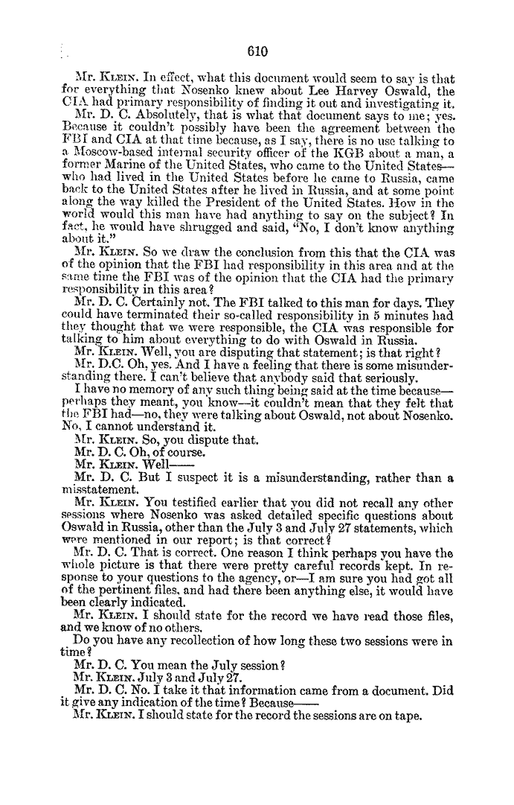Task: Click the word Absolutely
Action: [155, 112]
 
